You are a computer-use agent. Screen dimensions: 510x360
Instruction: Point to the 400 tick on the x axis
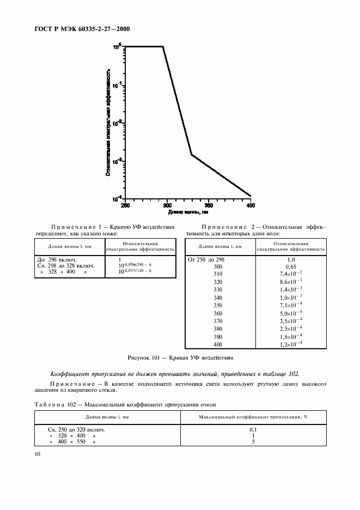(251, 205)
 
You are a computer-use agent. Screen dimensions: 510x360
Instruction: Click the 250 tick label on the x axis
(125, 205)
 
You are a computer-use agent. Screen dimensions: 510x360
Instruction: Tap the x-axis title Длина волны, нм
(187, 211)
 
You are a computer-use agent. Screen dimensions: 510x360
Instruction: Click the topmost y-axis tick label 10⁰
(117, 47)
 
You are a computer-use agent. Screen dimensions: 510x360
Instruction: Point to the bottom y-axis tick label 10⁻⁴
(116, 199)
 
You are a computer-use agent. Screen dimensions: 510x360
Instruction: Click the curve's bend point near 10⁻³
(191, 154)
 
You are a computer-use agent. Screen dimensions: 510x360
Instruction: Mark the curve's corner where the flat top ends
(163, 47)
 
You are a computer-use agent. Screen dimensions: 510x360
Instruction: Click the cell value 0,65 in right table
(291, 267)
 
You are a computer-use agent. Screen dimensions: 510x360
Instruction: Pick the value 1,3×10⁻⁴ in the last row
(291, 344)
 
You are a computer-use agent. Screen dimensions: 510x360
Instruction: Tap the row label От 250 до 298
(206, 259)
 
